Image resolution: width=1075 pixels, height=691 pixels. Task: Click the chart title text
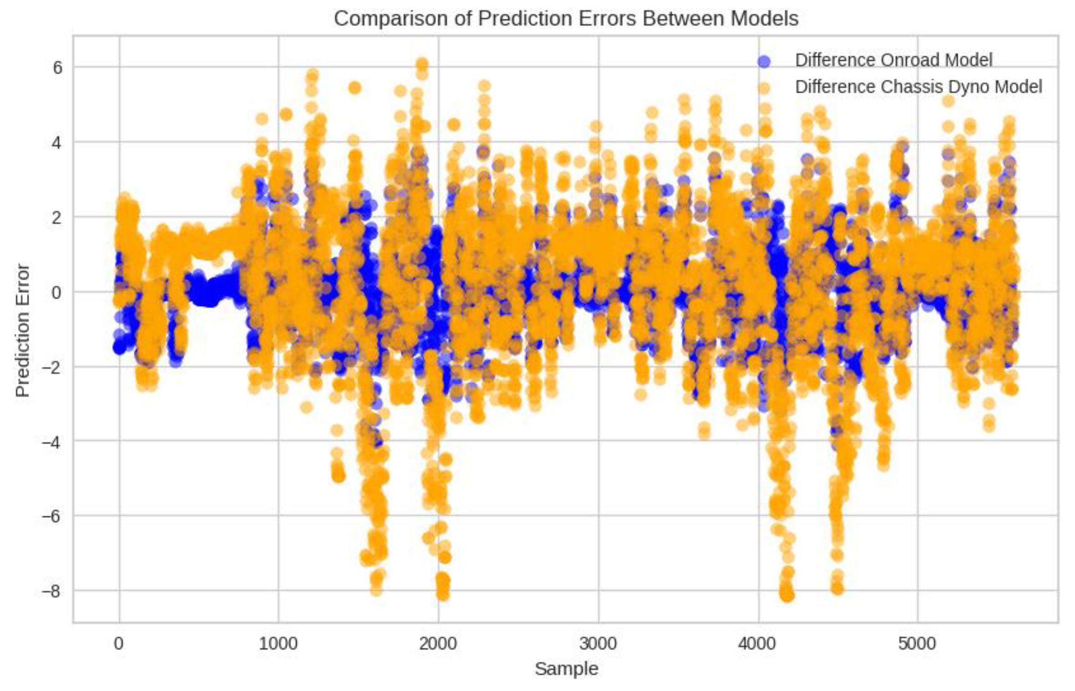(x=566, y=19)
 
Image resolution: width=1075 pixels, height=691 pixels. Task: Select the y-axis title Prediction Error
(x=22, y=330)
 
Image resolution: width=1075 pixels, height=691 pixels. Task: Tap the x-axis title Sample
(x=566, y=669)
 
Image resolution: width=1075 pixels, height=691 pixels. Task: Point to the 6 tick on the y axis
(x=58, y=68)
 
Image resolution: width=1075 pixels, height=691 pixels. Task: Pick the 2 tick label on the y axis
(x=57, y=218)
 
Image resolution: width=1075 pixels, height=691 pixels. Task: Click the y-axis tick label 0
(x=57, y=292)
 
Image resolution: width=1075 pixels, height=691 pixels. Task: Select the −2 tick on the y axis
(x=51, y=367)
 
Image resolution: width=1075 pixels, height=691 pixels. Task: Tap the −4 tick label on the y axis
(x=51, y=441)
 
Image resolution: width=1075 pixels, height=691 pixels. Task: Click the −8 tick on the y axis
(x=51, y=591)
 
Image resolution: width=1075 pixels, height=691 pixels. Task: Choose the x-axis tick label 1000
(x=278, y=644)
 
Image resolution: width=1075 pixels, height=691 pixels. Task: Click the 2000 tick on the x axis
(x=438, y=644)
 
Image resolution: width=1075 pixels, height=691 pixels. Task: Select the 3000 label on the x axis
(x=598, y=644)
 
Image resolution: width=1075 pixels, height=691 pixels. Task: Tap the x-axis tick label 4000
(x=758, y=644)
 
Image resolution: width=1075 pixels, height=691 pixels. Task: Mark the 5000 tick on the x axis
(x=917, y=644)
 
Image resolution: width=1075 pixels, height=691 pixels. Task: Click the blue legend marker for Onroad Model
(x=764, y=61)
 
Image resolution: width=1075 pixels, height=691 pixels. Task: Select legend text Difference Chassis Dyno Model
(x=918, y=87)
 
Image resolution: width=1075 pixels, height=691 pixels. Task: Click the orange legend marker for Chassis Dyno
(x=764, y=88)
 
